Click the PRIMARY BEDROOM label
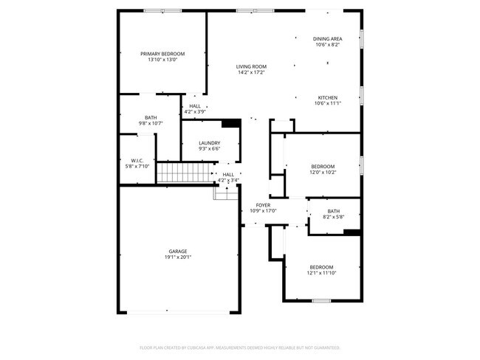pos(162,54)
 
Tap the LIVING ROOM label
pos(251,66)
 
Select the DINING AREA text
pos(327,38)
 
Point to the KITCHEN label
pos(327,98)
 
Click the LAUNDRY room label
pos(209,143)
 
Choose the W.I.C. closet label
pos(137,160)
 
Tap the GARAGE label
pos(177,251)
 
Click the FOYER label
pos(262,205)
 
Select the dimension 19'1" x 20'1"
pos(177,257)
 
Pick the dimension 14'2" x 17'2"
pos(251,72)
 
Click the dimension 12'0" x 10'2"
pos(322,173)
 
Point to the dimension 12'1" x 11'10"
pos(321,273)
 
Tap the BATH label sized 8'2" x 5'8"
pos(334,211)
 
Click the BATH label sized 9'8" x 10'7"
pos(151,117)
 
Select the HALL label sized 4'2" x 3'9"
pos(195,106)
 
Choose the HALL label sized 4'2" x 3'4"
pos(228,174)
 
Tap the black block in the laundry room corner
pos(231,123)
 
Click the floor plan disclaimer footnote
pos(239,346)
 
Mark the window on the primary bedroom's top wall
pos(163,10)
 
